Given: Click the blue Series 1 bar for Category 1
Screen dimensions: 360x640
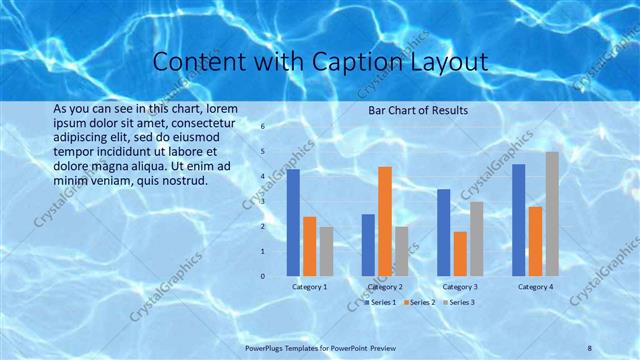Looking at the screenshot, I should [x=293, y=222].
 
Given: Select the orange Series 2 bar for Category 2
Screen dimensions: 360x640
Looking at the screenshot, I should [x=385, y=220].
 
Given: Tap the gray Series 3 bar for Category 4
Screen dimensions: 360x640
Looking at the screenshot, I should [x=552, y=213].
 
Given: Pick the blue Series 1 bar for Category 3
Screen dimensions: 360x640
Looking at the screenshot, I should [x=444, y=232].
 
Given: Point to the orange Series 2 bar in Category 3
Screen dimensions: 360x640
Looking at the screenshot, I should [x=460, y=253].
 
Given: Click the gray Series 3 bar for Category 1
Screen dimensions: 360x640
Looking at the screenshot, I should [x=326, y=250].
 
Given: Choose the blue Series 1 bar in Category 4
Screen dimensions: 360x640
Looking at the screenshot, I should [x=518, y=219].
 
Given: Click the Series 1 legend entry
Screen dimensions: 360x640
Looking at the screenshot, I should [x=381, y=302].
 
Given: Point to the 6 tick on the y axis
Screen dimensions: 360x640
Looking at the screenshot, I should [x=262, y=127].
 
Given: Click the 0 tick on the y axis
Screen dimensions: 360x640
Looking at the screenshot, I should [x=262, y=276].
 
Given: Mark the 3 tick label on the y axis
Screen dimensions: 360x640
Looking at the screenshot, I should [x=262, y=202].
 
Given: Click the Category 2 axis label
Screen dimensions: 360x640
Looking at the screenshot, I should [x=385, y=287].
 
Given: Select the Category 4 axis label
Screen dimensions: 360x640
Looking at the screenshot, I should [x=535, y=287].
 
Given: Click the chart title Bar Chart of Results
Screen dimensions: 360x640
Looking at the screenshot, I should [x=417, y=110].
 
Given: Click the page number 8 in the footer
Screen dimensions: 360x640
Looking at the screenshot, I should [x=590, y=347].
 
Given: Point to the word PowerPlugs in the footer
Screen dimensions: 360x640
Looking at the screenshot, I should [x=266, y=347].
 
